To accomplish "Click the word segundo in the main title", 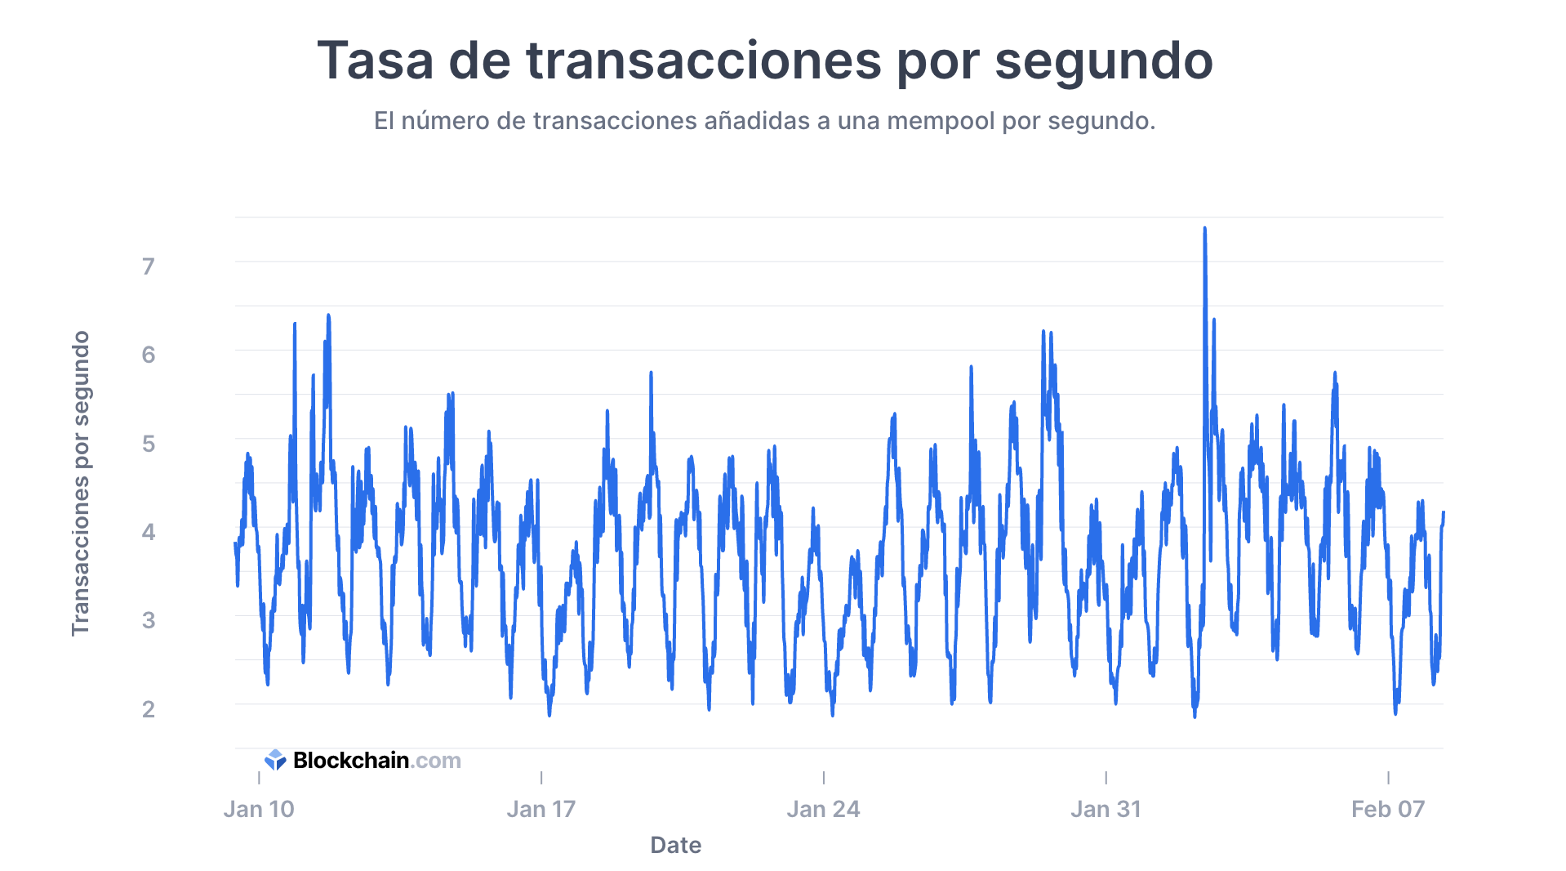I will [x=1103, y=61].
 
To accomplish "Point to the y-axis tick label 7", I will [x=148, y=266].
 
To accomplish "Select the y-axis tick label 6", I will [x=148, y=355].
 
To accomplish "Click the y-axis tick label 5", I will [x=148, y=444].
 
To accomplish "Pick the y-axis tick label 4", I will [x=148, y=532].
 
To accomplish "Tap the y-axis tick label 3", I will [x=148, y=620].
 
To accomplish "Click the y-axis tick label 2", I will [x=148, y=709].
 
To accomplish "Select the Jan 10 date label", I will [x=259, y=809].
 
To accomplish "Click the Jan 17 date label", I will [x=541, y=809].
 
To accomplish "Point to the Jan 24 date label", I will [x=823, y=809].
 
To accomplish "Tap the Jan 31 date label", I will [x=1106, y=809].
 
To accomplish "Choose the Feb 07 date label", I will [x=1388, y=809].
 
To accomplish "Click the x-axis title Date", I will [x=675, y=845].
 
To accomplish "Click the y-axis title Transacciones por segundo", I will [x=80, y=483].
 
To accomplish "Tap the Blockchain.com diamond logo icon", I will [x=275, y=761].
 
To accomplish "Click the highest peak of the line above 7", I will [x=1204, y=230].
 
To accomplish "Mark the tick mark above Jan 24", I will [x=823, y=777].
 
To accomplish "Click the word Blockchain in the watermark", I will [x=350, y=761].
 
